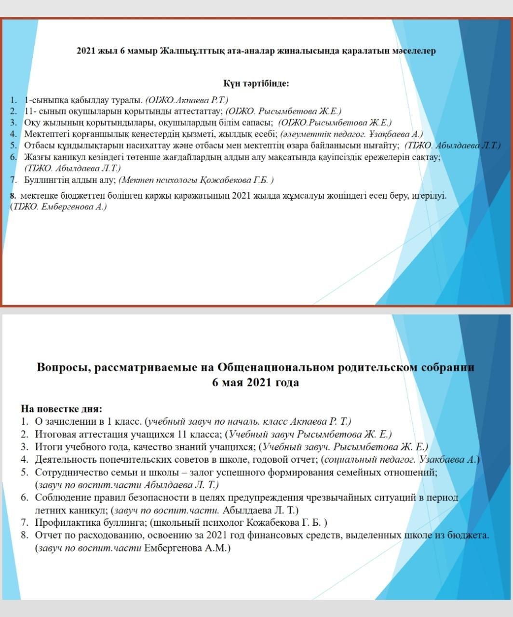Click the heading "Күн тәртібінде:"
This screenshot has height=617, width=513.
point(256,83)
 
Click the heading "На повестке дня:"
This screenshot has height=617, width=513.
point(61,409)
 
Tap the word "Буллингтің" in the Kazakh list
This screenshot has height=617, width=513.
point(45,180)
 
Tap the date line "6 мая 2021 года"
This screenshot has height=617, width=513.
point(256,383)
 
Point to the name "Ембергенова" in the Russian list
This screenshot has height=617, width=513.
point(170,548)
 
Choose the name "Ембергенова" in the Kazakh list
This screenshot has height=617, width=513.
point(63,207)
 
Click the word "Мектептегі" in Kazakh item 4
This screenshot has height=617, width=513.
point(45,134)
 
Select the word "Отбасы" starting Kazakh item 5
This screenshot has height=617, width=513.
point(37,145)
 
